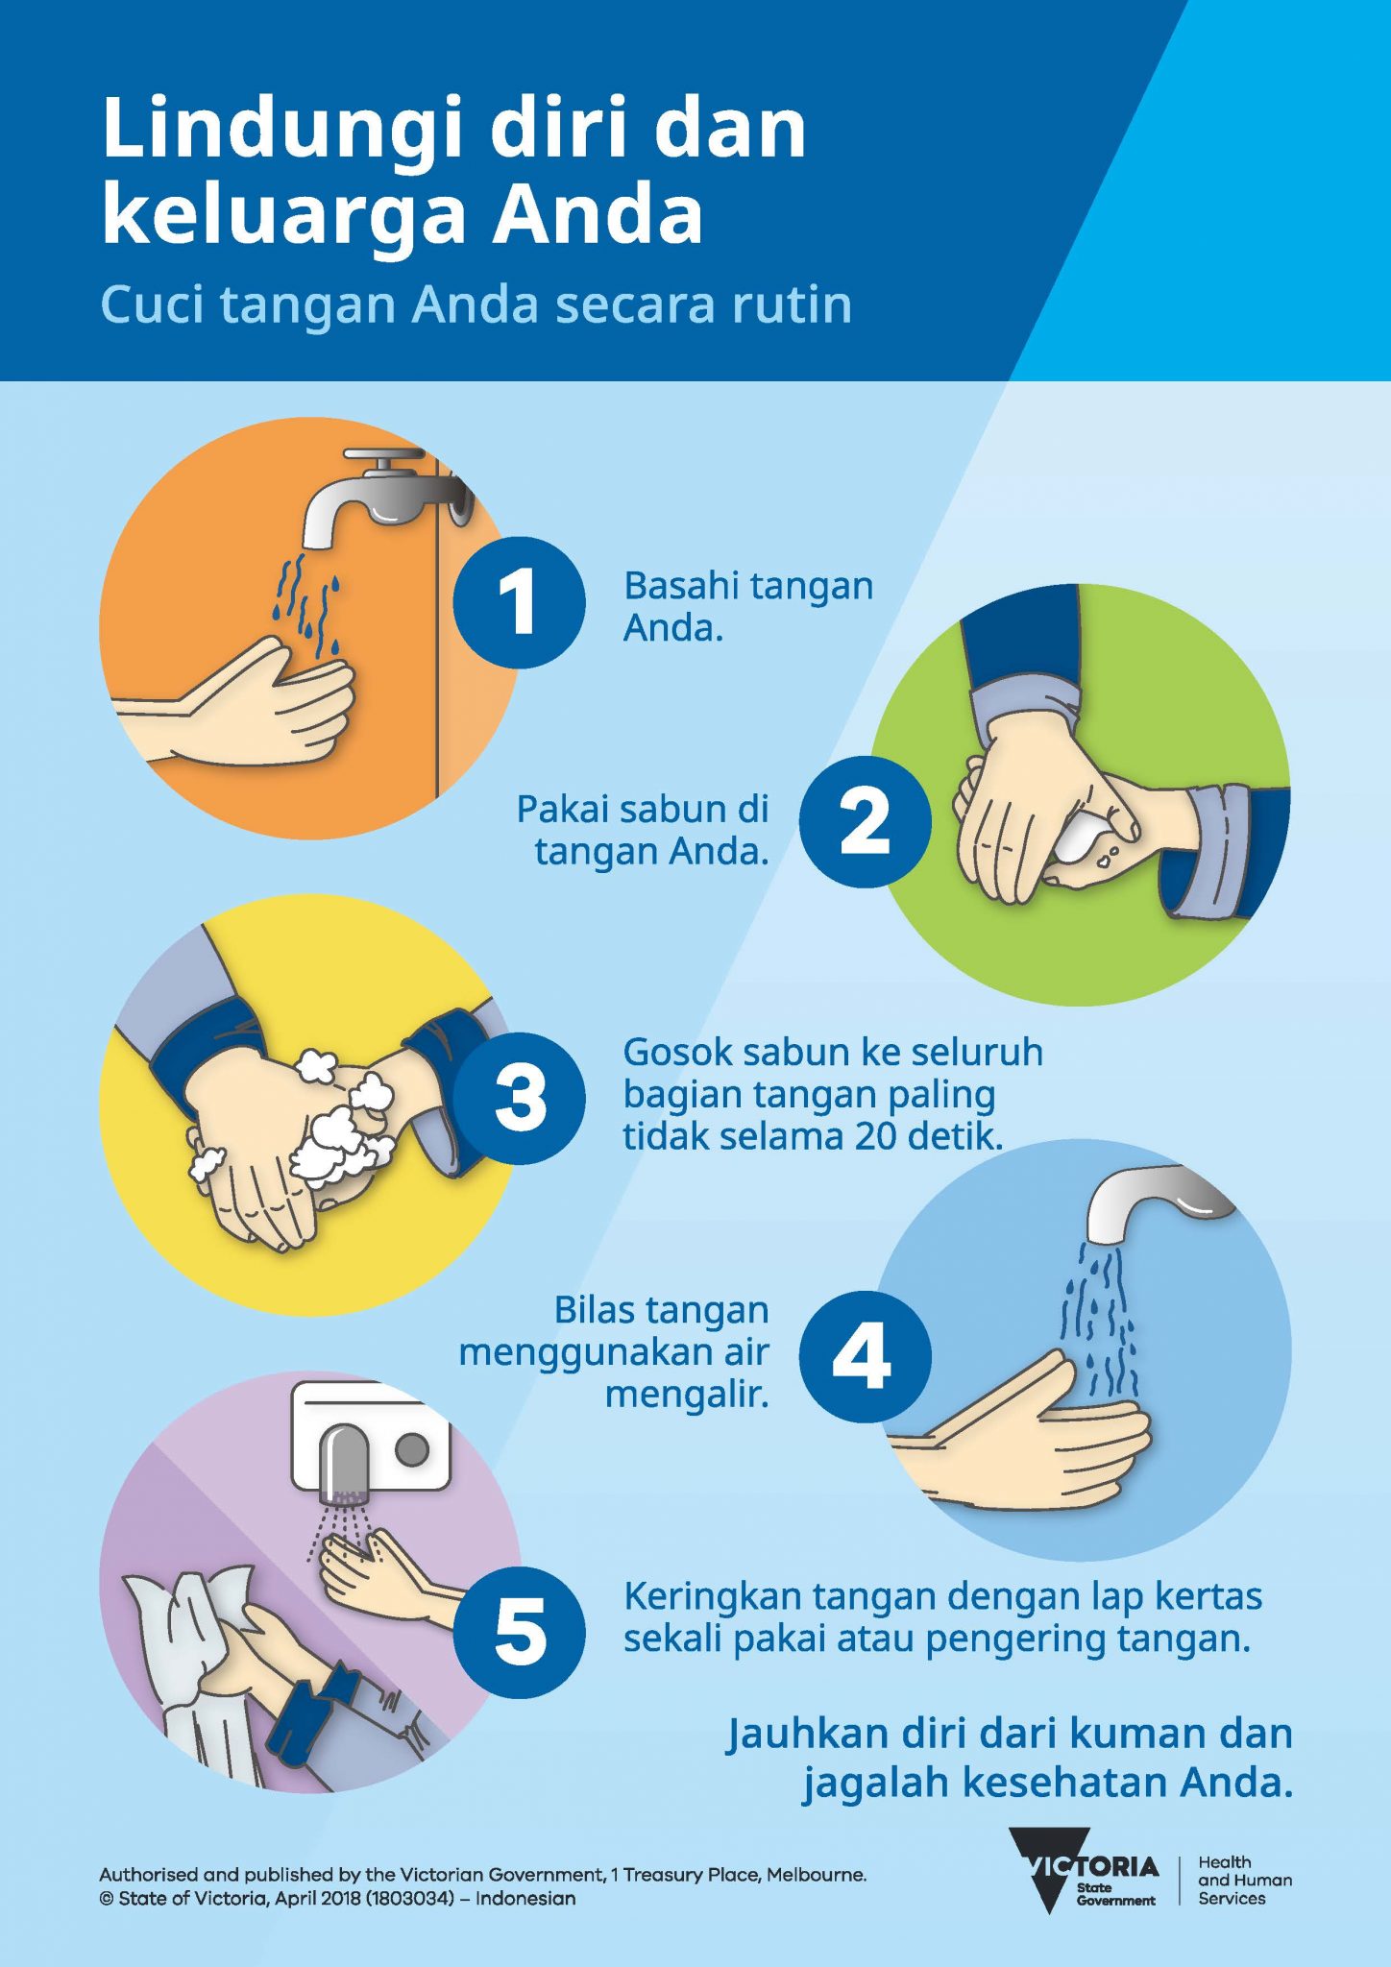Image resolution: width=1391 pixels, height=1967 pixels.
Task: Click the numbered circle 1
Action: coord(519,602)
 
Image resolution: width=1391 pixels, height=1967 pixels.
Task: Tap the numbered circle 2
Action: coord(865,821)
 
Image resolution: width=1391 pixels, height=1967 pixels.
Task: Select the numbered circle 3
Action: coord(519,1098)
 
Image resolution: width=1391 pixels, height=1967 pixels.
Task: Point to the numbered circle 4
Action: coord(865,1356)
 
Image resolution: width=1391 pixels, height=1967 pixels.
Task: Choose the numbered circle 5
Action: coord(519,1632)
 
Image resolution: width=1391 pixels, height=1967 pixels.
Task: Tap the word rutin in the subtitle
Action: coord(792,305)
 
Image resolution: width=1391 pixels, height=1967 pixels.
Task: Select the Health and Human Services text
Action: coord(1244,1881)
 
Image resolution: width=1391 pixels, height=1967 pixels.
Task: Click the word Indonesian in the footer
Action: coord(525,1899)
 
